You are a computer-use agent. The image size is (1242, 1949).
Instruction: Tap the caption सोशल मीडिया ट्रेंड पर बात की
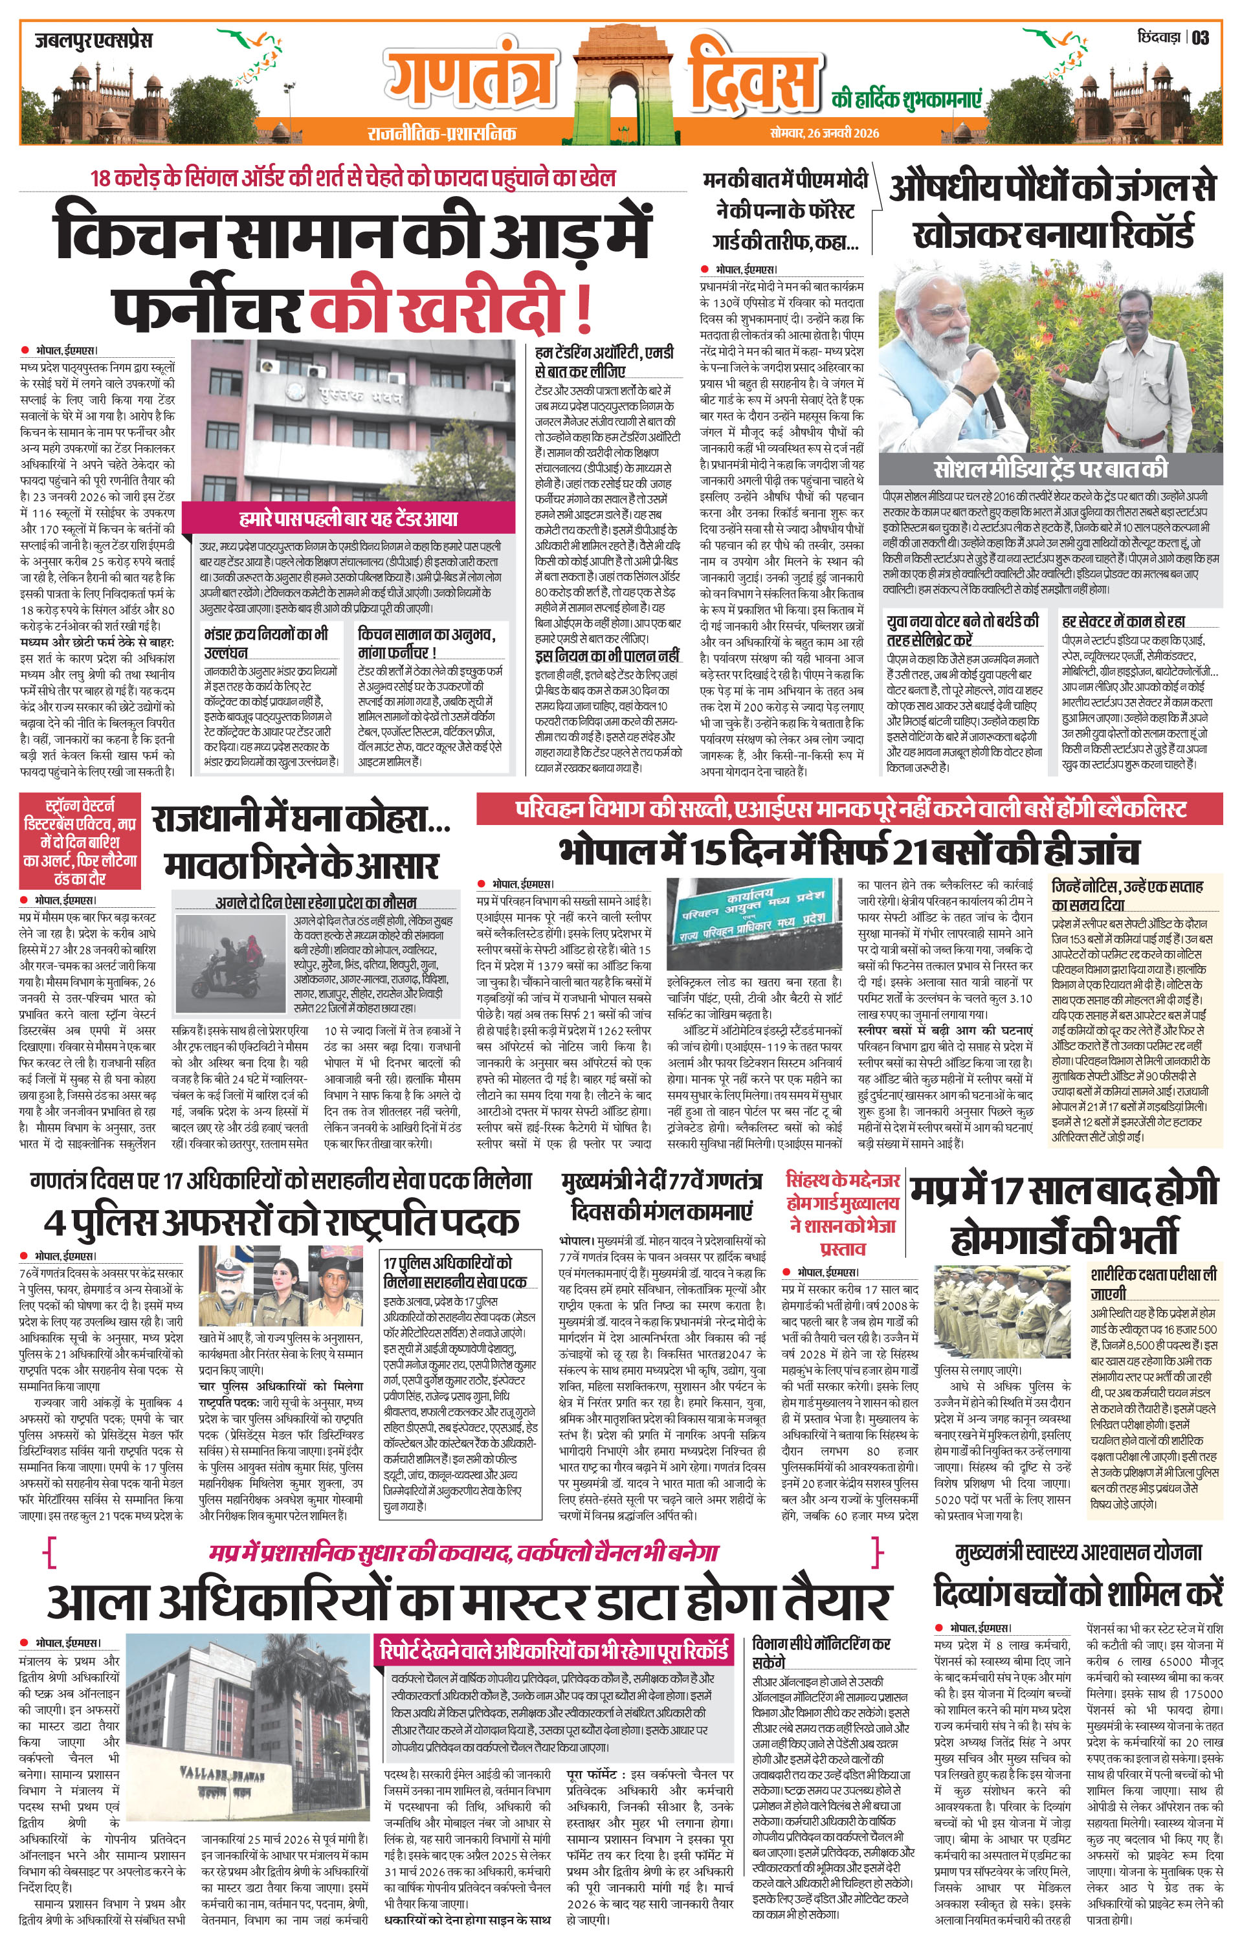coord(1051,469)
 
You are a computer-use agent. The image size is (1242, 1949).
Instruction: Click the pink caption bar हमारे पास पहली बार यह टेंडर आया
coord(348,519)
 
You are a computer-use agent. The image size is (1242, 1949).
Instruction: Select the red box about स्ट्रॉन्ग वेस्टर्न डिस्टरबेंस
coord(80,842)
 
